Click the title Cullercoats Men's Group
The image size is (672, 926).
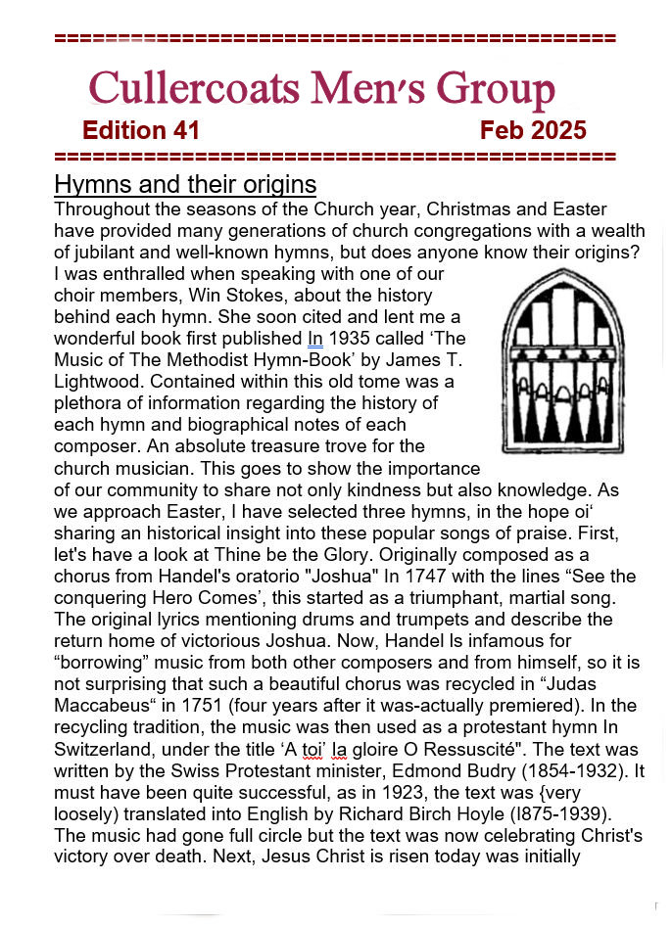[321, 89]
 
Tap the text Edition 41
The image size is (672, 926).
[141, 131]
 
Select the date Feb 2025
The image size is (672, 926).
[533, 131]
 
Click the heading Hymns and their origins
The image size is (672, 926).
[185, 184]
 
